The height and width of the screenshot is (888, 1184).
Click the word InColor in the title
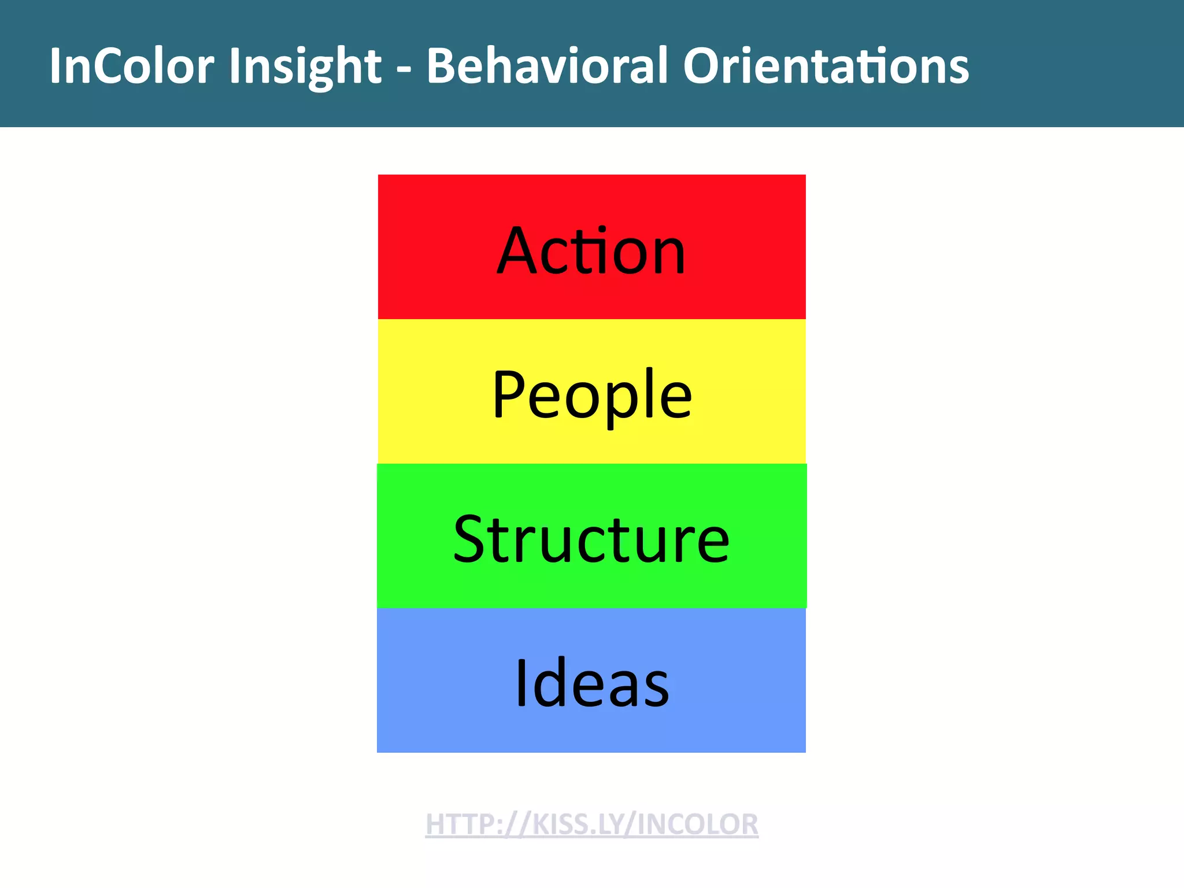tap(132, 66)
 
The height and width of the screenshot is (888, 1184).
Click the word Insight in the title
tap(305, 66)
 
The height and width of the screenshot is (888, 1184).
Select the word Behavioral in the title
tap(546, 66)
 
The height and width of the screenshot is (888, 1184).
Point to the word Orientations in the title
tap(826, 66)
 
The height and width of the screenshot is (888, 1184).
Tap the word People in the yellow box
tap(591, 395)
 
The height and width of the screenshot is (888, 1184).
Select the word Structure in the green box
tap(591, 540)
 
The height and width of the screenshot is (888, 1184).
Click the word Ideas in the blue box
tap(591, 684)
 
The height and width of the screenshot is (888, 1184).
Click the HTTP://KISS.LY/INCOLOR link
tap(591, 824)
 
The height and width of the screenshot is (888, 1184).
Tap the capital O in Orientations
tap(703, 66)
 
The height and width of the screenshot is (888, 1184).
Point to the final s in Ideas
tap(657, 691)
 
